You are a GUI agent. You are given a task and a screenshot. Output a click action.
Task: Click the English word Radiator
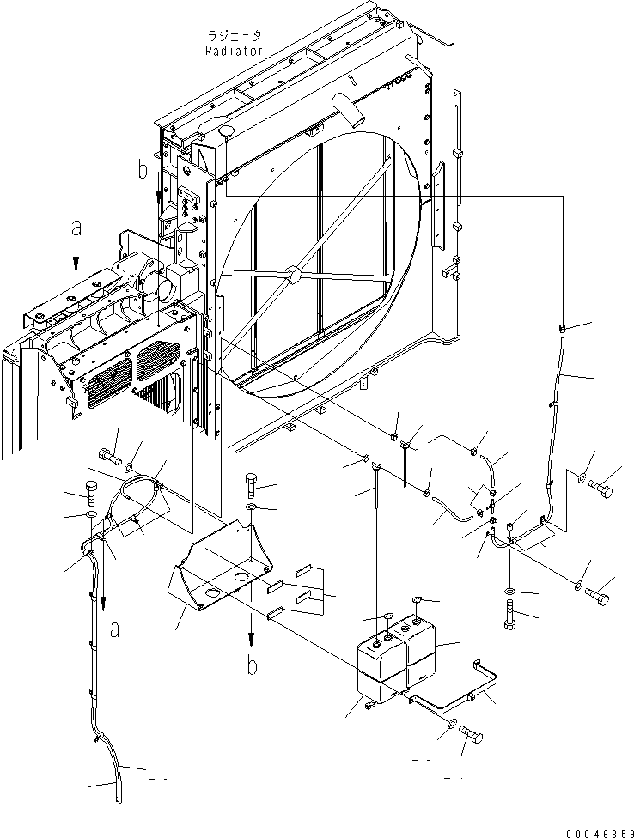tap(234, 51)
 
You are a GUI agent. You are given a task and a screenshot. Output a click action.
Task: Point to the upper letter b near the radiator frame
tap(142, 171)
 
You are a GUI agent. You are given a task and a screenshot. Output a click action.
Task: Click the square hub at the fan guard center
tap(294, 275)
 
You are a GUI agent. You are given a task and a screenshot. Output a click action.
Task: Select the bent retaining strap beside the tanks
tap(464, 691)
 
